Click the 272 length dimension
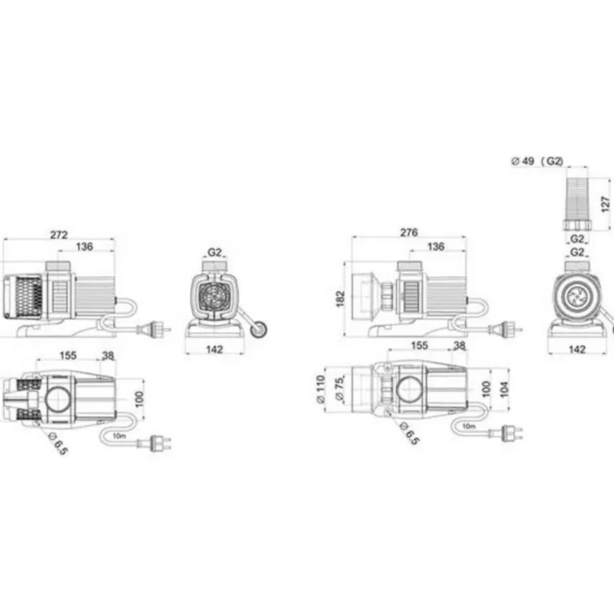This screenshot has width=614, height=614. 59,235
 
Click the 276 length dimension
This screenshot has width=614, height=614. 409,233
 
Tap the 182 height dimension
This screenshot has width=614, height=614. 341,299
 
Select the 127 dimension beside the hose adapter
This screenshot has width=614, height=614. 606,204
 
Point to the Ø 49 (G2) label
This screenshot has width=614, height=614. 537,161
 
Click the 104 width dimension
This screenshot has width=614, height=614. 505,389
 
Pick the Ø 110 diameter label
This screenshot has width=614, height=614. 320,389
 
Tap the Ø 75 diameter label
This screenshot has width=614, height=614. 340,388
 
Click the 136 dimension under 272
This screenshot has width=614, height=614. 85,246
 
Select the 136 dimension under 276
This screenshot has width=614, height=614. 436,246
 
